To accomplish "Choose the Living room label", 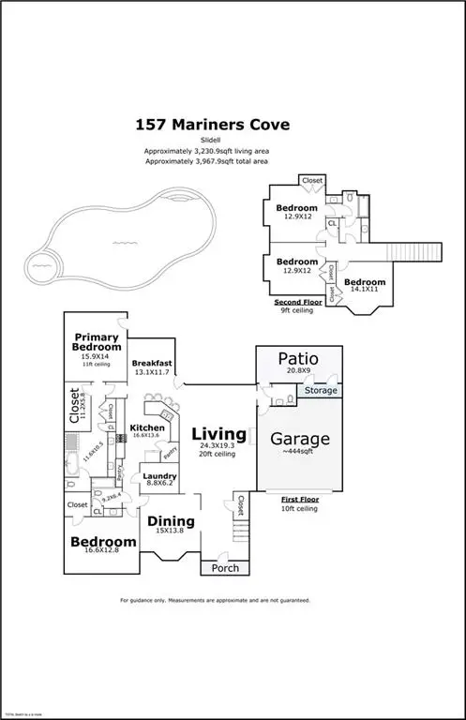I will tap(219, 435).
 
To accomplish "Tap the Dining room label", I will tap(170, 522).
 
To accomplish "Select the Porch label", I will tap(226, 568).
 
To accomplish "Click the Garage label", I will tap(299, 438).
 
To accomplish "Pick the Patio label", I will tap(299, 358).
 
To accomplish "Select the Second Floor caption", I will tap(295, 303).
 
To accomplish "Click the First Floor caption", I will tap(299, 500).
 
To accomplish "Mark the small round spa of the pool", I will tap(40, 265).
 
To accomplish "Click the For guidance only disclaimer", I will tap(215, 600).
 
